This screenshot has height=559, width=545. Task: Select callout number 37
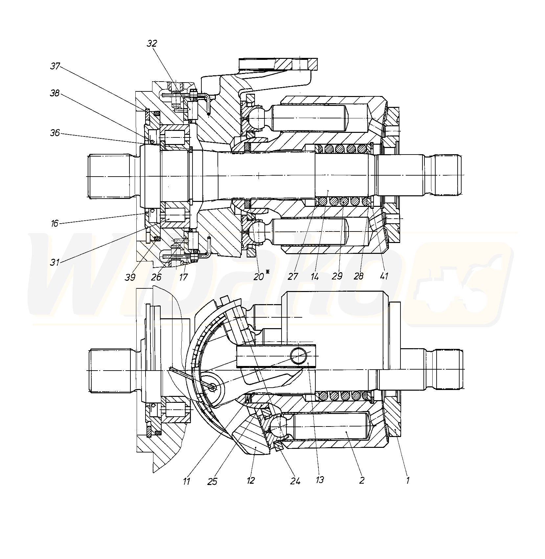[x=55, y=66]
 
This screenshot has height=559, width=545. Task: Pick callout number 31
[x=55, y=262]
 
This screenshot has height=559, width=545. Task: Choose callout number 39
[x=130, y=277]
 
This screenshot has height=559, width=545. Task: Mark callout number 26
[x=156, y=277]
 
